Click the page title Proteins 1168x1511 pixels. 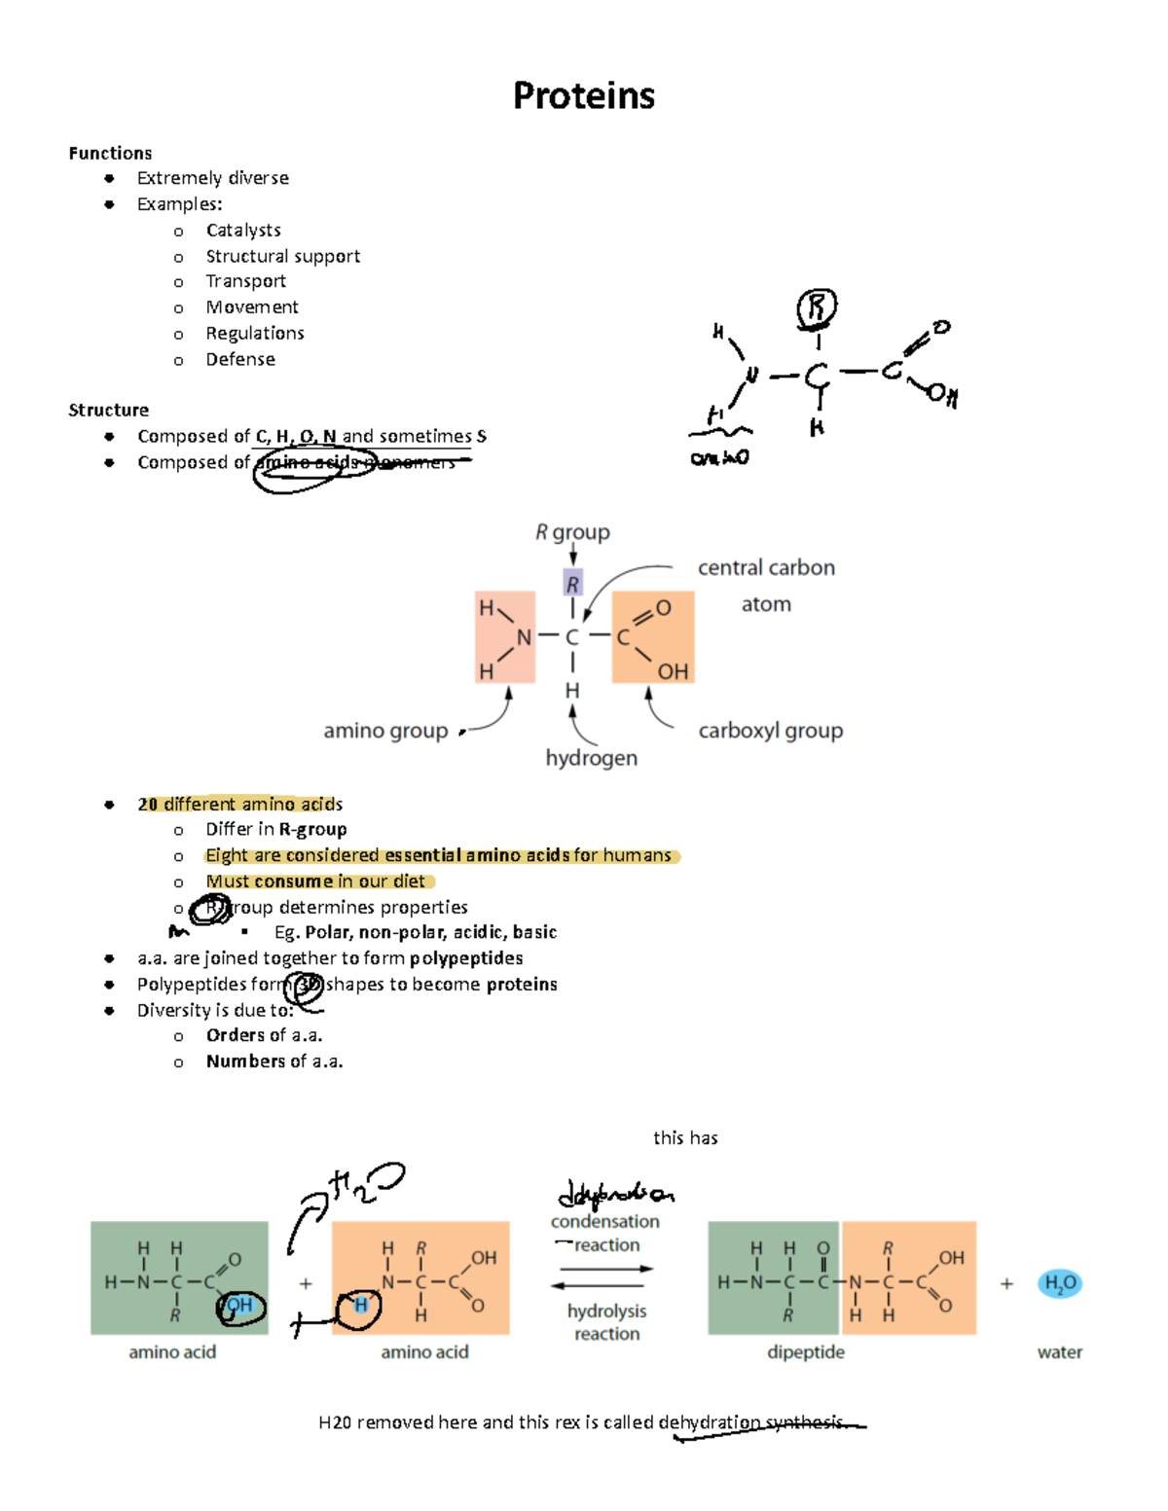[584, 95]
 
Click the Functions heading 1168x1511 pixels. [110, 153]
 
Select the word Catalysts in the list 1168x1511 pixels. [243, 231]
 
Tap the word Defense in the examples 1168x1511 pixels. [240, 359]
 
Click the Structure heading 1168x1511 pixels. [108, 410]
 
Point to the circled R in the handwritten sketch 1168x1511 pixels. [817, 308]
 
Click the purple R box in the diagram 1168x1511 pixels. [572, 584]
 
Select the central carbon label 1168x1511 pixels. [766, 568]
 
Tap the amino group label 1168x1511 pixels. [385, 731]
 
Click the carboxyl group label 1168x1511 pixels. [770, 731]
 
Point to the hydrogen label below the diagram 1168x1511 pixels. [591, 758]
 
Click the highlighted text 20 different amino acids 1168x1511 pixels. [239, 804]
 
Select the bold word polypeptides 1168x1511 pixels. [466, 958]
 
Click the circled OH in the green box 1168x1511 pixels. [239, 1306]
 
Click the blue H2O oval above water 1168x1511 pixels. [1059, 1283]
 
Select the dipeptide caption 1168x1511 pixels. [805, 1352]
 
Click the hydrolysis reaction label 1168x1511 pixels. [606, 1322]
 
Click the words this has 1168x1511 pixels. [685, 1137]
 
